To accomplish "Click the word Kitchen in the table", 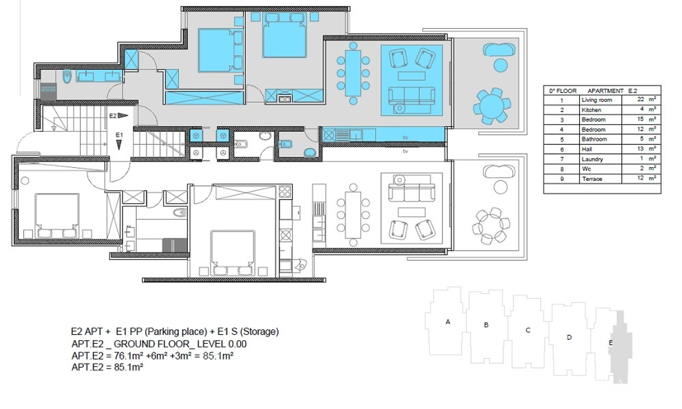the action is (591, 110).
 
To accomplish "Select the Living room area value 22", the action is (640, 99).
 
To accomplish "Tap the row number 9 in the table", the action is (562, 179).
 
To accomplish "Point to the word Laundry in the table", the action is (592, 159).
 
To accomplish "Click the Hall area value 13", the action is (640, 148).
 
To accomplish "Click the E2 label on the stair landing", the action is (113, 116).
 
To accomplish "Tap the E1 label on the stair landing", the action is (119, 135).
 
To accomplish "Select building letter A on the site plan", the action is (448, 322).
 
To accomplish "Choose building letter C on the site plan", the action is (528, 330).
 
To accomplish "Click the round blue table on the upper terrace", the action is (491, 106).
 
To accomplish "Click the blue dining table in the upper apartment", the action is (353, 73).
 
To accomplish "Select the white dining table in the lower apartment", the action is (353, 215).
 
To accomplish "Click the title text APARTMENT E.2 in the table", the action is (612, 91).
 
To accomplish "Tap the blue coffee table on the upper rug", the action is (411, 76).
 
